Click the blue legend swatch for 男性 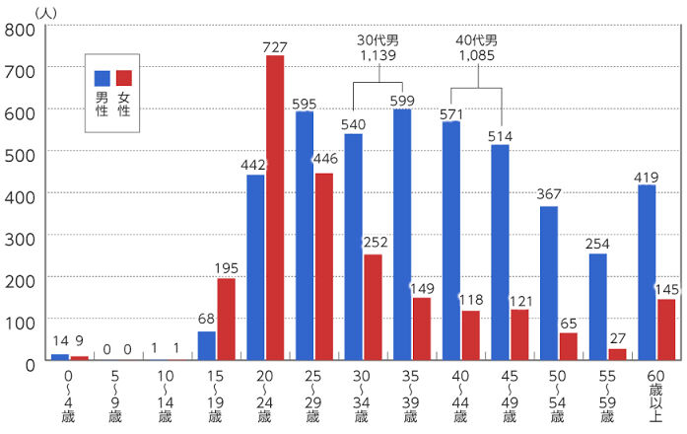pos(102,78)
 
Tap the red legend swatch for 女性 pos(123,78)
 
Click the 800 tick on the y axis pos(20,29)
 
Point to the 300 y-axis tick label pos(20,237)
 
